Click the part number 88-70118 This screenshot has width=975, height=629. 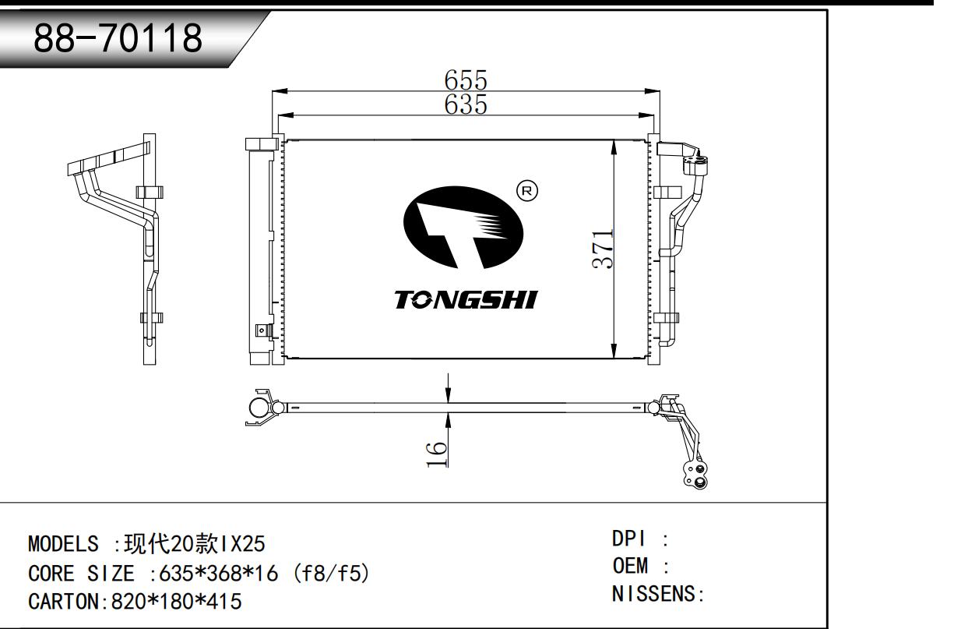pos(118,37)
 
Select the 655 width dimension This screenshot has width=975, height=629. pos(466,80)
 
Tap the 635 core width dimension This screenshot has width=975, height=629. pos(466,104)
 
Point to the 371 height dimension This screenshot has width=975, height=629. pos(603,249)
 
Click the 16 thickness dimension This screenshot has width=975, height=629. pos(437,454)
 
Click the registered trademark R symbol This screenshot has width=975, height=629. pos(526,191)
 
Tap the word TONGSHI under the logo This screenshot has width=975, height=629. pos(466,300)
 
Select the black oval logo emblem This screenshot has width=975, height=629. pos(463,228)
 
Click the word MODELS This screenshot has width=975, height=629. pos(64,544)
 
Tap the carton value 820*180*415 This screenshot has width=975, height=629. pos(177,602)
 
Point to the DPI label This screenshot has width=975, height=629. pos(629,539)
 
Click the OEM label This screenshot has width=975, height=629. pos(630,566)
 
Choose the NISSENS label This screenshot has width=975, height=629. pos(654,594)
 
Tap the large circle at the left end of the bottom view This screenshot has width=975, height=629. pos(259,408)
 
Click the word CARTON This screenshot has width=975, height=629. pos(64,602)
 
